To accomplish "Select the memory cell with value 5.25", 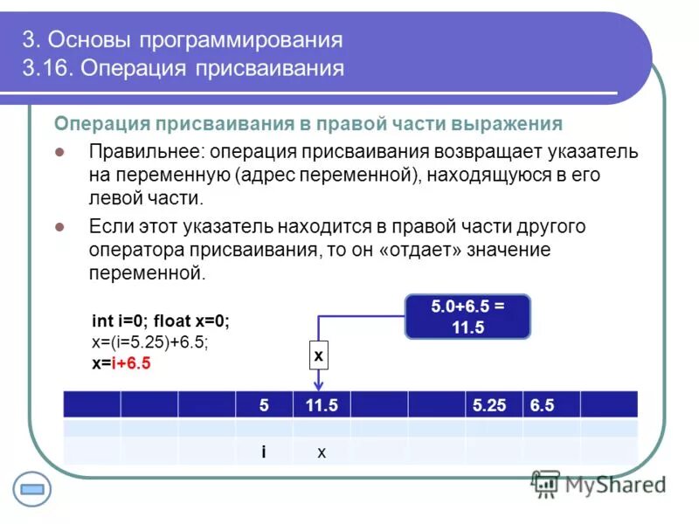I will pyautogui.click(x=493, y=405).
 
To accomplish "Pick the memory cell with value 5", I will pyautogui.click(x=264, y=405).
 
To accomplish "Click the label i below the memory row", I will pyautogui.click(x=264, y=452).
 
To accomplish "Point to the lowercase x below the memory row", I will pyautogui.click(x=321, y=452).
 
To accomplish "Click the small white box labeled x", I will pyautogui.click(x=318, y=355).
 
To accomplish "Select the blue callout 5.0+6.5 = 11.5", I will pyautogui.click(x=468, y=317).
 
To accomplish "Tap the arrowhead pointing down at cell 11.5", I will pyautogui.click(x=319, y=385).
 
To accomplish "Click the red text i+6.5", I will pyautogui.click(x=130, y=363).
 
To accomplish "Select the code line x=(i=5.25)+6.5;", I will pyautogui.click(x=149, y=342).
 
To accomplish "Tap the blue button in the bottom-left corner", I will pyautogui.click(x=31, y=489).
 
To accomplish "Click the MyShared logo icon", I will pyautogui.click(x=546, y=483).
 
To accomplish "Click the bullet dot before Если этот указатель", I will pyautogui.click(x=60, y=226).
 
